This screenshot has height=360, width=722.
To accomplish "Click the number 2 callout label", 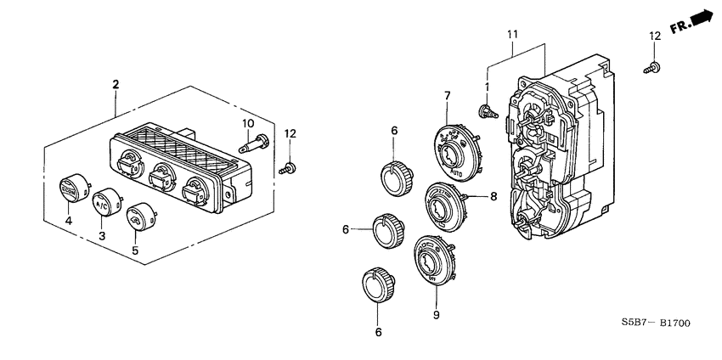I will coord(116,83).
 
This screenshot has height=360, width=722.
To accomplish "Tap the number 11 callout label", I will coord(512,33).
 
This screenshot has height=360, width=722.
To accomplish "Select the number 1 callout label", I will coord(488,88).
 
